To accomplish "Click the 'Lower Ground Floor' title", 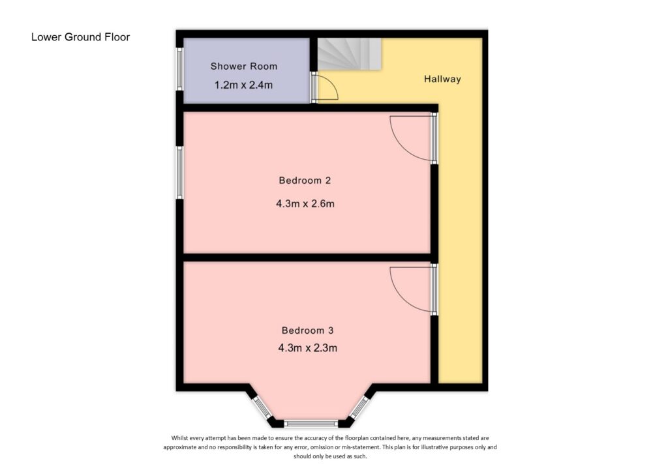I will tap(80, 37).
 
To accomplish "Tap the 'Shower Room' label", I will tap(243, 66).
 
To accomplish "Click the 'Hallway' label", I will tap(442, 80).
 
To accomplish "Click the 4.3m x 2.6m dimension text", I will tap(305, 203).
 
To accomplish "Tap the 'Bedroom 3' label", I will tap(308, 330).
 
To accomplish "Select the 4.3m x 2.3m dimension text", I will tap(307, 348).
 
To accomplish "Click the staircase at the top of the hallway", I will tap(348, 53).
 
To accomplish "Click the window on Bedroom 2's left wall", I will tap(179, 171).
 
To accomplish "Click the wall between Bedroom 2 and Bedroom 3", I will tap(307, 258).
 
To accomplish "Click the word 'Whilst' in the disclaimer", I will tap(182, 438).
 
